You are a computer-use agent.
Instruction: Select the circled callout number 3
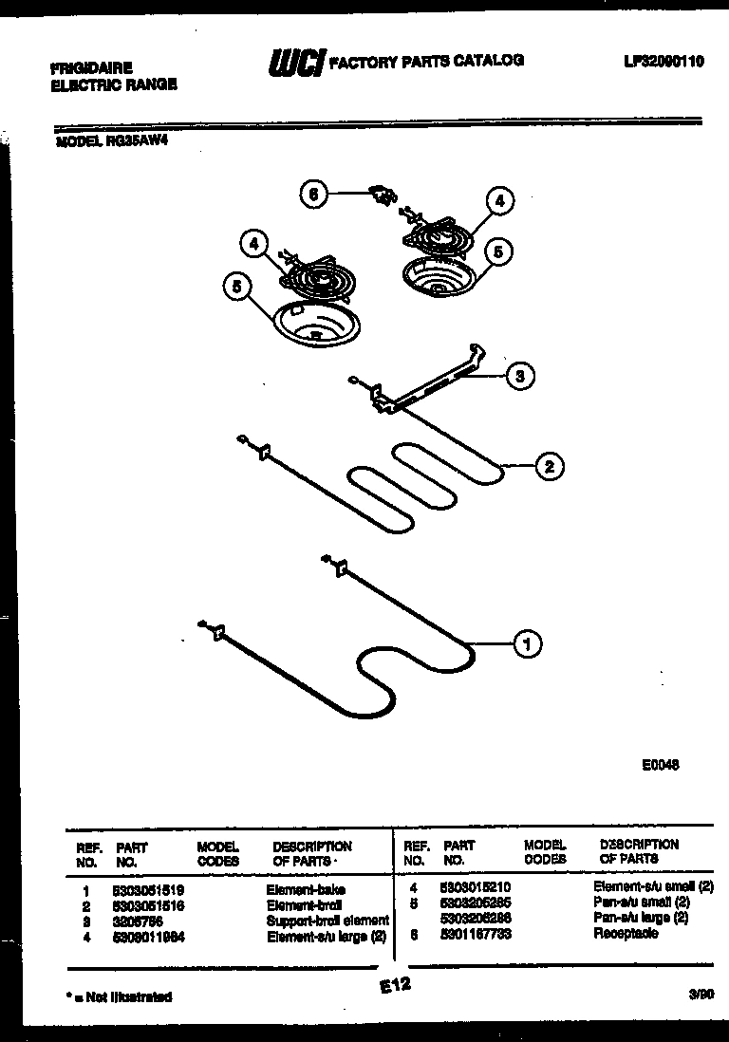point(518,377)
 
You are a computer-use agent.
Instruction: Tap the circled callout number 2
point(548,466)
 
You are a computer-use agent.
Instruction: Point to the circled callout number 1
point(528,644)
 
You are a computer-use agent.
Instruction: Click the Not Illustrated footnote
point(120,997)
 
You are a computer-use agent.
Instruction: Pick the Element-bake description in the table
point(305,889)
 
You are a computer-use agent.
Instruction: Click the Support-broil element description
point(327,920)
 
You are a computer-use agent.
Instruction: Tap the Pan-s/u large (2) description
point(641,919)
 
